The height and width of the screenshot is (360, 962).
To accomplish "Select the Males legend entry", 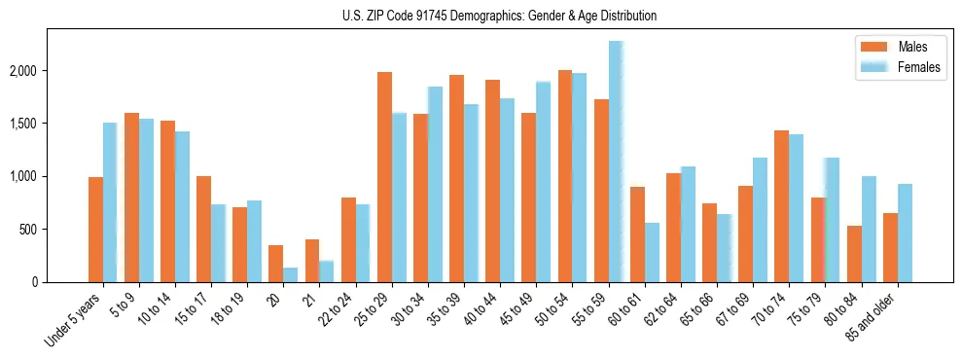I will click(912, 47).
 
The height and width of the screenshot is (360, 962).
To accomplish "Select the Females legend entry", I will click(919, 67).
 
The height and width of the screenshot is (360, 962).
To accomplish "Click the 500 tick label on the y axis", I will click(29, 230).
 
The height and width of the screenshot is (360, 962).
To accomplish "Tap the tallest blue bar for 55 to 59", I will click(616, 162).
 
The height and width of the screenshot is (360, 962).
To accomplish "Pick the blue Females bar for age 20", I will click(291, 275).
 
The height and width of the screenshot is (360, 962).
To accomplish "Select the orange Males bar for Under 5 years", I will click(95, 230).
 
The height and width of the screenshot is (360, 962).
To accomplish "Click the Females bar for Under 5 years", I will click(110, 202).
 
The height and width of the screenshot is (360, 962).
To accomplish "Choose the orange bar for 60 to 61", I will click(637, 234).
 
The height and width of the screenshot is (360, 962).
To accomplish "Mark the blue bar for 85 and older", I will click(905, 234).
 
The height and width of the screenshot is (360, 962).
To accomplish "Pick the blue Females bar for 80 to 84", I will click(869, 230).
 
